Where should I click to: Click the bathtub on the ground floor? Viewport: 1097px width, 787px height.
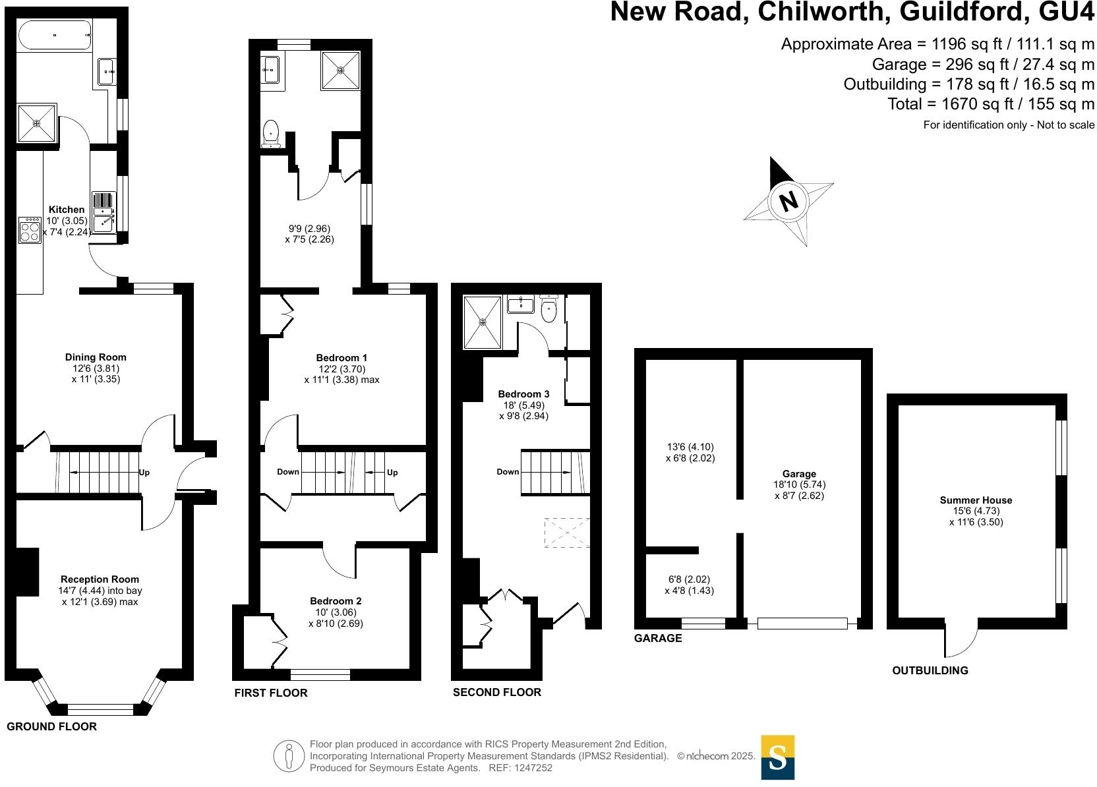click(x=55, y=35)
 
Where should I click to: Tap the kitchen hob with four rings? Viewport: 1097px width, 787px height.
click(x=30, y=229)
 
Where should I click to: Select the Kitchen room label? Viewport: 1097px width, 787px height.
click(x=67, y=210)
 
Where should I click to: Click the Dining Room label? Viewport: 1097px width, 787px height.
click(x=96, y=357)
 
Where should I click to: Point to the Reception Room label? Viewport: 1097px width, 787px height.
click(x=100, y=579)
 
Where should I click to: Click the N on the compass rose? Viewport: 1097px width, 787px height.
click(x=788, y=200)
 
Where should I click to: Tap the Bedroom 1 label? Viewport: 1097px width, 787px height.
click(x=341, y=358)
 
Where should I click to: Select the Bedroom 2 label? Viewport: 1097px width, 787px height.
click(x=336, y=601)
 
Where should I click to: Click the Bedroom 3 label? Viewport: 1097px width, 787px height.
click(x=523, y=394)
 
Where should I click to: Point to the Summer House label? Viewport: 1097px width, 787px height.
click(x=976, y=500)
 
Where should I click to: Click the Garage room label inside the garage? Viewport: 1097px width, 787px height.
click(x=799, y=473)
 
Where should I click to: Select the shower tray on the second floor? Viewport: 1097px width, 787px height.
click(x=483, y=322)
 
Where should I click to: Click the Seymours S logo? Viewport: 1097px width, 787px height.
click(x=777, y=757)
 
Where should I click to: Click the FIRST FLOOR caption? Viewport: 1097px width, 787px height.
click(x=271, y=693)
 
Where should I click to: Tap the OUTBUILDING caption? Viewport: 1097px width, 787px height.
click(x=930, y=670)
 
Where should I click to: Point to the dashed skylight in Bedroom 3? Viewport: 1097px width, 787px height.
click(x=566, y=533)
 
